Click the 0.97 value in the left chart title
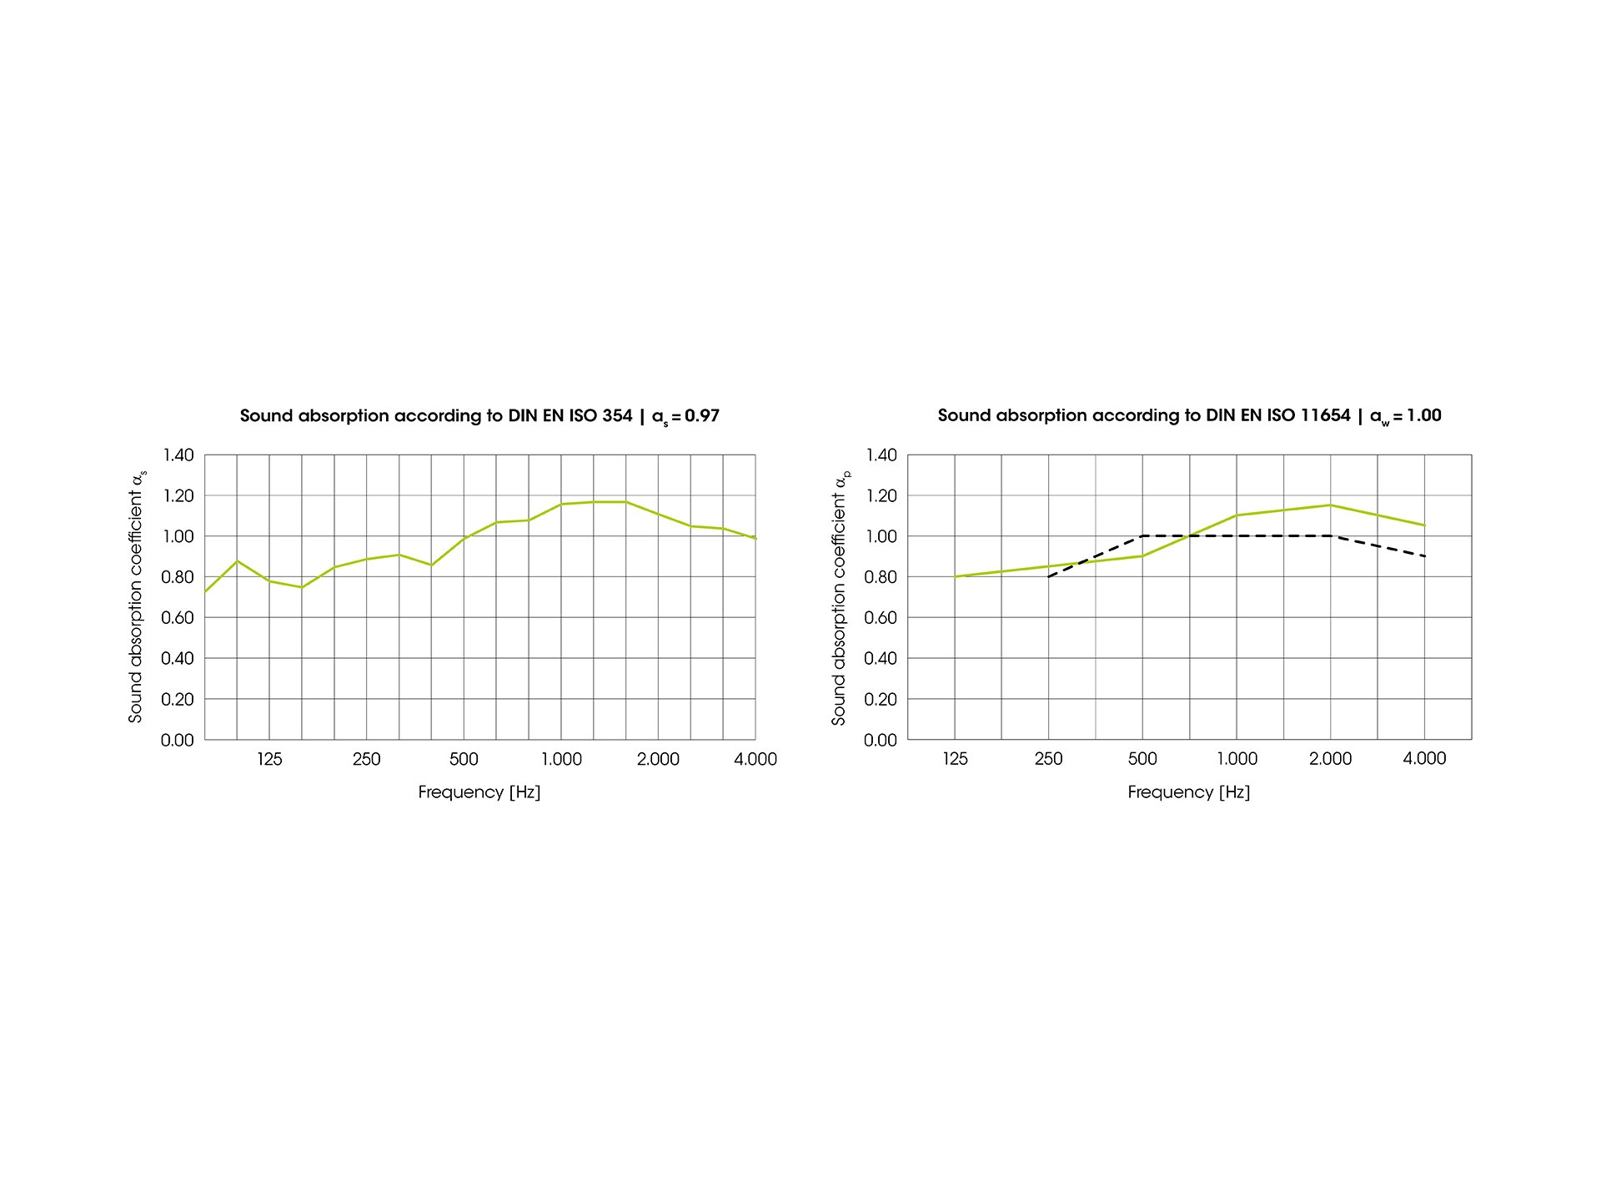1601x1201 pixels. click(x=701, y=415)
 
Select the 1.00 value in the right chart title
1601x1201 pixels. click(x=1424, y=415)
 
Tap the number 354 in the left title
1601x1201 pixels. click(x=616, y=415)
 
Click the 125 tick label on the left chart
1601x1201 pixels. click(x=269, y=759)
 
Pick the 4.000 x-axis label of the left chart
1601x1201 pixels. click(x=755, y=759)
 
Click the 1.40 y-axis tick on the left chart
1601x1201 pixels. click(x=178, y=455)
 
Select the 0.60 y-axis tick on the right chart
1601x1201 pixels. click(x=881, y=618)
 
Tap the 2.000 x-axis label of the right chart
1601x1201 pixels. click(x=1330, y=759)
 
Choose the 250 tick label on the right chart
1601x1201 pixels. click(x=1048, y=759)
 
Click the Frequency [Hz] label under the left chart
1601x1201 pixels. click(x=479, y=792)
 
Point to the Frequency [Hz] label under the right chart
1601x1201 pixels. click(x=1189, y=792)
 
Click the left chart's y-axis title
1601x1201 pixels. click(x=137, y=596)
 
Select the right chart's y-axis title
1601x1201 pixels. click(x=840, y=596)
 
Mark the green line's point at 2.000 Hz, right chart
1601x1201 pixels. click(x=1330, y=505)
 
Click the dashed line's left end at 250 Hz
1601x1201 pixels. click(x=1049, y=576)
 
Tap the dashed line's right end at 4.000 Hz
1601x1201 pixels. click(x=1424, y=555)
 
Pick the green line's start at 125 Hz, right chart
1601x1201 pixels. click(x=956, y=576)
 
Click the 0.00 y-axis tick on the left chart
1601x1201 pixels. click(x=178, y=741)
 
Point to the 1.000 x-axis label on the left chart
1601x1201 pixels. click(x=561, y=759)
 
